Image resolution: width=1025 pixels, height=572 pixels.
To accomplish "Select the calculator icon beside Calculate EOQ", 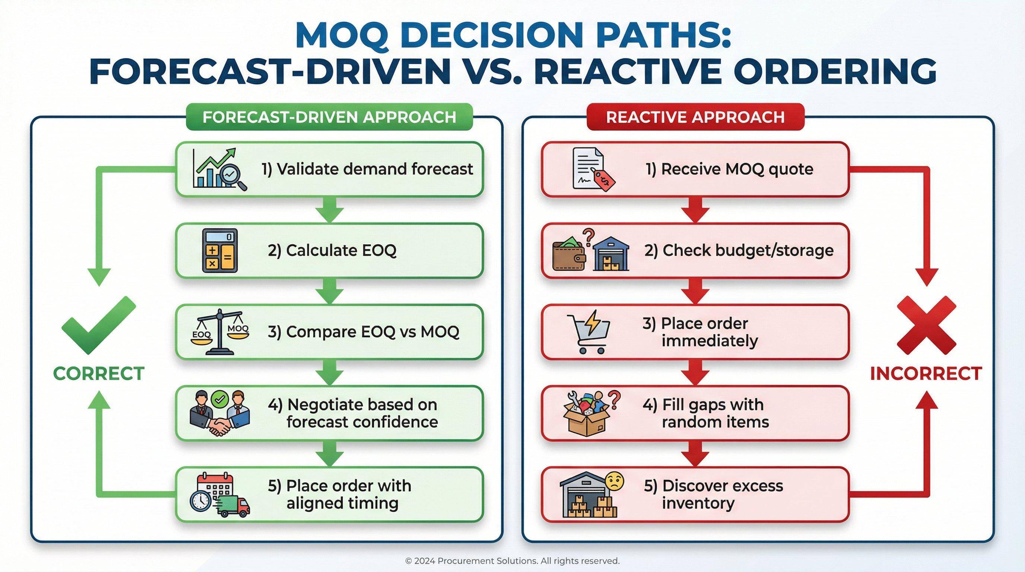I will coord(220,251).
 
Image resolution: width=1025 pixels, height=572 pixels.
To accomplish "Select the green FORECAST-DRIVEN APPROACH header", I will coord(329,117).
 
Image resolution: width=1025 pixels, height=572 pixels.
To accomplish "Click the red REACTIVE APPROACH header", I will coord(695,117).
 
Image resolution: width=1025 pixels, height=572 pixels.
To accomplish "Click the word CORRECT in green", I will coord(98,374).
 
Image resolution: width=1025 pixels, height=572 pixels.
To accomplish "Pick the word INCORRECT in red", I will coord(926,374).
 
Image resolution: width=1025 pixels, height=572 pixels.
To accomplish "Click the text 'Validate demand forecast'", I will coord(367,169).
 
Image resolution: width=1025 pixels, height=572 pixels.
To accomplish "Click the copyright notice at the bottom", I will coord(512,561).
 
